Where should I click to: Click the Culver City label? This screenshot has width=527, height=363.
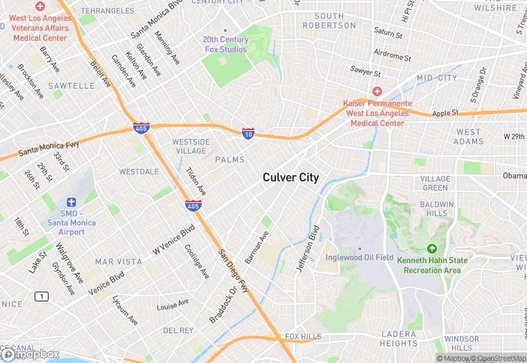(x=291, y=177)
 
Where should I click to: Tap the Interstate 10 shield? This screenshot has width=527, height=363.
(x=248, y=133)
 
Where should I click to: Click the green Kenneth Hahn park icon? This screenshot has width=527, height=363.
(x=432, y=249)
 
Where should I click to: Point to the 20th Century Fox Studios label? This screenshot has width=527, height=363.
(x=225, y=44)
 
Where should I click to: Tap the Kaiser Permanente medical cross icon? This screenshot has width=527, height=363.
(x=377, y=91)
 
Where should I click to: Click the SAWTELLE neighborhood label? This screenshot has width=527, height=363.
(x=72, y=86)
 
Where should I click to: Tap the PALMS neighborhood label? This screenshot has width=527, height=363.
(x=230, y=160)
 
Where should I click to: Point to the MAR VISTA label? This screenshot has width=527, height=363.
(x=118, y=262)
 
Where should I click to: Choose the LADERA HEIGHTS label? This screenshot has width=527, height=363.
(x=399, y=339)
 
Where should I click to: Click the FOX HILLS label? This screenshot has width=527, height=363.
(x=303, y=337)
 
